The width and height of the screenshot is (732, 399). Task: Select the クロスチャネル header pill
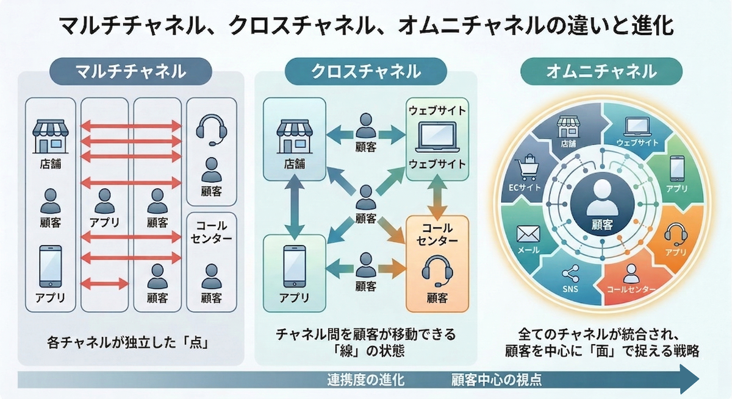[x=365, y=71]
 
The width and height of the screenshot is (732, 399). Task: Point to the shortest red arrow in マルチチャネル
[x=104, y=283]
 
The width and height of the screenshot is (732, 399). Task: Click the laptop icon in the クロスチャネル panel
[x=437, y=137]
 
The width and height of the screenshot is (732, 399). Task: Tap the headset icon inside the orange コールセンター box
[x=437, y=270]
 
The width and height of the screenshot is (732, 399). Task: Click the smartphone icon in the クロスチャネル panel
[x=295, y=266]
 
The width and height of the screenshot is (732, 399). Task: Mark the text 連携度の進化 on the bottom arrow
[x=365, y=380]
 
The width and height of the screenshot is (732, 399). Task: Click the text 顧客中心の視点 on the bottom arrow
[x=496, y=380]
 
